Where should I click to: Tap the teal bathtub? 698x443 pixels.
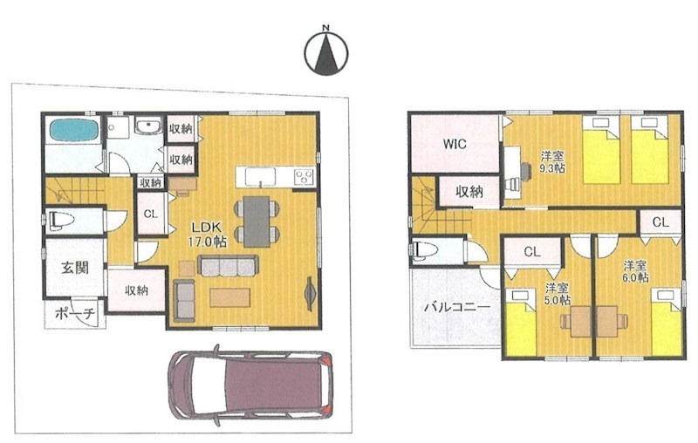(x=73, y=130)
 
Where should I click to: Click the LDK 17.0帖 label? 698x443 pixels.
(x=207, y=235)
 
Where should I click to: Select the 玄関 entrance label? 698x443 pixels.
(x=75, y=269)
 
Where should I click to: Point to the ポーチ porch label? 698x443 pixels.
(x=76, y=315)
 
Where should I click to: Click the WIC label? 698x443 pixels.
(x=455, y=144)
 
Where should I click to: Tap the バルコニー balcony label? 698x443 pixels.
(x=456, y=307)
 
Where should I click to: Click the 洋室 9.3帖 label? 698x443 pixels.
(x=552, y=162)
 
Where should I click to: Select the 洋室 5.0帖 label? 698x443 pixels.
(x=558, y=294)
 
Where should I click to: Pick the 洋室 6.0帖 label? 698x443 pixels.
(x=635, y=272)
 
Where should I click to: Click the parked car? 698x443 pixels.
(x=250, y=384)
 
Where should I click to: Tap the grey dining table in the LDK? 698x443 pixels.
(x=257, y=221)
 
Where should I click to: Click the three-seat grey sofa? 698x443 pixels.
(x=228, y=267)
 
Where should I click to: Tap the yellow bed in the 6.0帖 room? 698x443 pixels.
(x=667, y=322)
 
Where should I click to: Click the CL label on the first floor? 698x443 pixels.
(x=150, y=214)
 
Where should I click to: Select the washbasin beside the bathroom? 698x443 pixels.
(x=149, y=127)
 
